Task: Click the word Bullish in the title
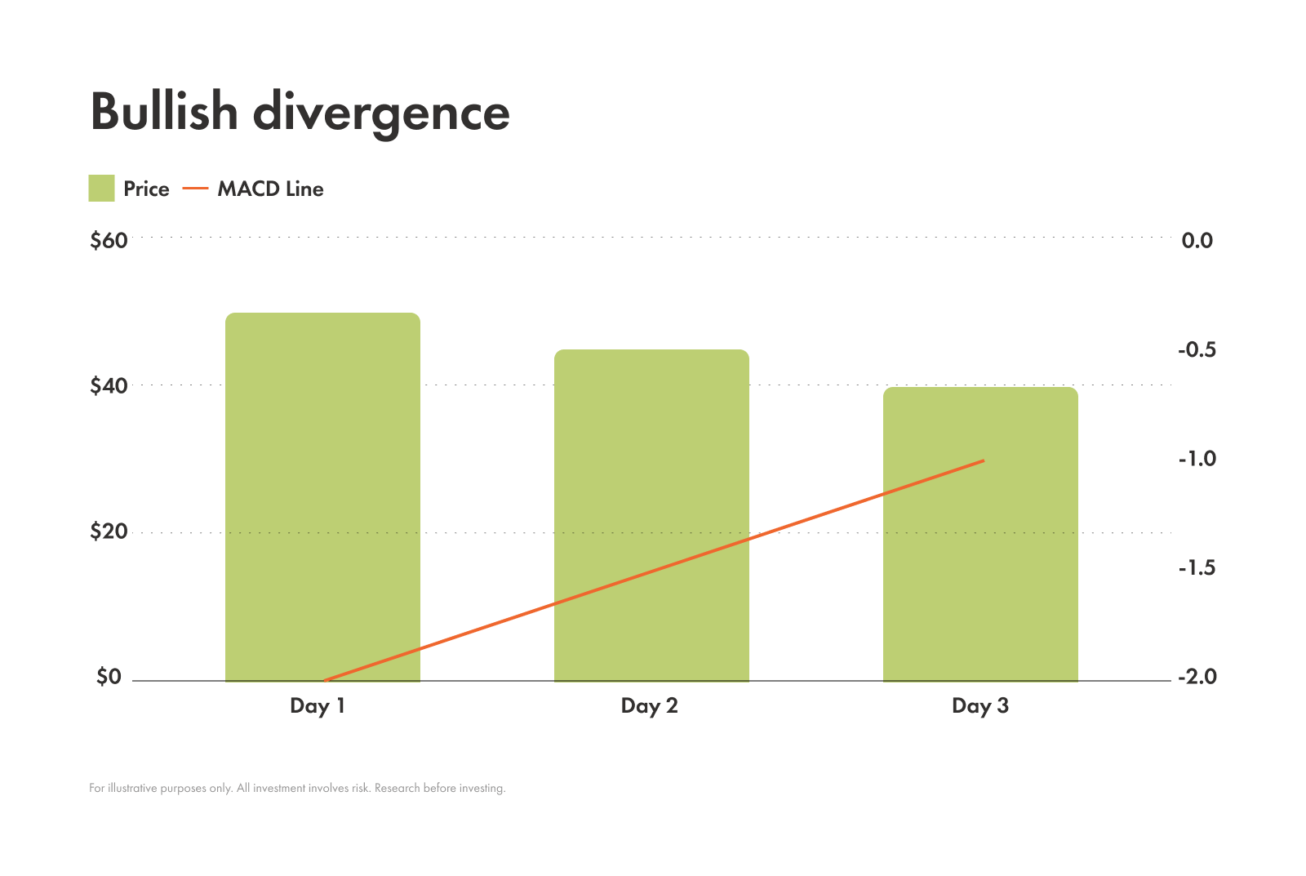pos(163,112)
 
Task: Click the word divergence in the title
pos(381,113)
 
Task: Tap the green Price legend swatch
pos(101,189)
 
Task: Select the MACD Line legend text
pos(270,189)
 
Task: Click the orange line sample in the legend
pos(195,189)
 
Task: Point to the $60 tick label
pos(109,240)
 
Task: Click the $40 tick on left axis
pos(109,385)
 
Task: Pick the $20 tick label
pos(109,531)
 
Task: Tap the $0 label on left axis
pos(109,677)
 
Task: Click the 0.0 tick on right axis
pos(1197,240)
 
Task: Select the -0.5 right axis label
pos(1196,349)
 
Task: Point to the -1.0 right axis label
pos(1196,459)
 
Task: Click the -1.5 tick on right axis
pos(1196,567)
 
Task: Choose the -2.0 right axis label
pos(1196,677)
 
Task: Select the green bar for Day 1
pos(322,490)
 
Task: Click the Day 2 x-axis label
pos(649,705)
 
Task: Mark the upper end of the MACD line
pos(984,460)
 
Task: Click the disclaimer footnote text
pos(297,788)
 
